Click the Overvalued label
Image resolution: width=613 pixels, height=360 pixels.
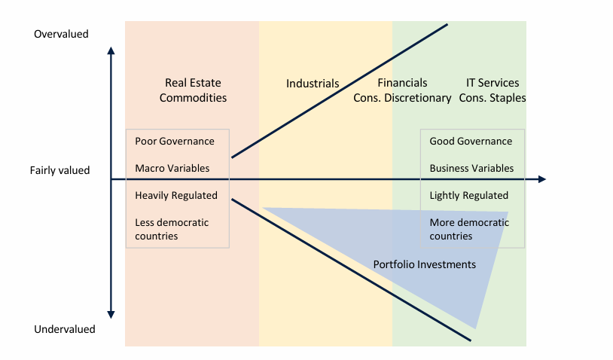click(61, 34)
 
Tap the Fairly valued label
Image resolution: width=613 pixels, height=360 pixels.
click(59, 170)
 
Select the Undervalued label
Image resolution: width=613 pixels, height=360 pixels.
click(65, 329)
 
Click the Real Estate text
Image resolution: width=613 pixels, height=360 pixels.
click(193, 83)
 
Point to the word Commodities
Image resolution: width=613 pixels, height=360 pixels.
click(193, 98)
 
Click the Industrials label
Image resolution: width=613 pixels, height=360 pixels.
click(313, 84)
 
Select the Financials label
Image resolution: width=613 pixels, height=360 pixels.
click(402, 83)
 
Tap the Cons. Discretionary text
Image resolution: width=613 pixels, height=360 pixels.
click(402, 98)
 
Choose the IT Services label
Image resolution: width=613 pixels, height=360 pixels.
click(493, 83)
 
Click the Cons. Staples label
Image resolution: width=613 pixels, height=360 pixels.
click(493, 98)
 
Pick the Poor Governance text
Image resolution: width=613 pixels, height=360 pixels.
click(175, 141)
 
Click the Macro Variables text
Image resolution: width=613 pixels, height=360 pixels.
click(172, 168)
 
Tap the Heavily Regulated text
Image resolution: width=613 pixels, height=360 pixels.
click(176, 196)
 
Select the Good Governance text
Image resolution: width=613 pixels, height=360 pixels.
click(471, 141)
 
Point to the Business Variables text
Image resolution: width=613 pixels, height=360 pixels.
click(471, 168)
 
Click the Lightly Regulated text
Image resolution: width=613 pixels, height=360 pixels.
click(468, 196)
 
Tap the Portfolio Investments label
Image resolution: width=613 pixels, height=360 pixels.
click(424, 264)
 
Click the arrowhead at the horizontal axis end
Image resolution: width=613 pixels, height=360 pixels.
click(543, 179)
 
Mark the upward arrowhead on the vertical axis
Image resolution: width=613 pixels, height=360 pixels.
click(111, 50)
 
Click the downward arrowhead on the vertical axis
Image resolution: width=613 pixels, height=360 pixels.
click(111, 315)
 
